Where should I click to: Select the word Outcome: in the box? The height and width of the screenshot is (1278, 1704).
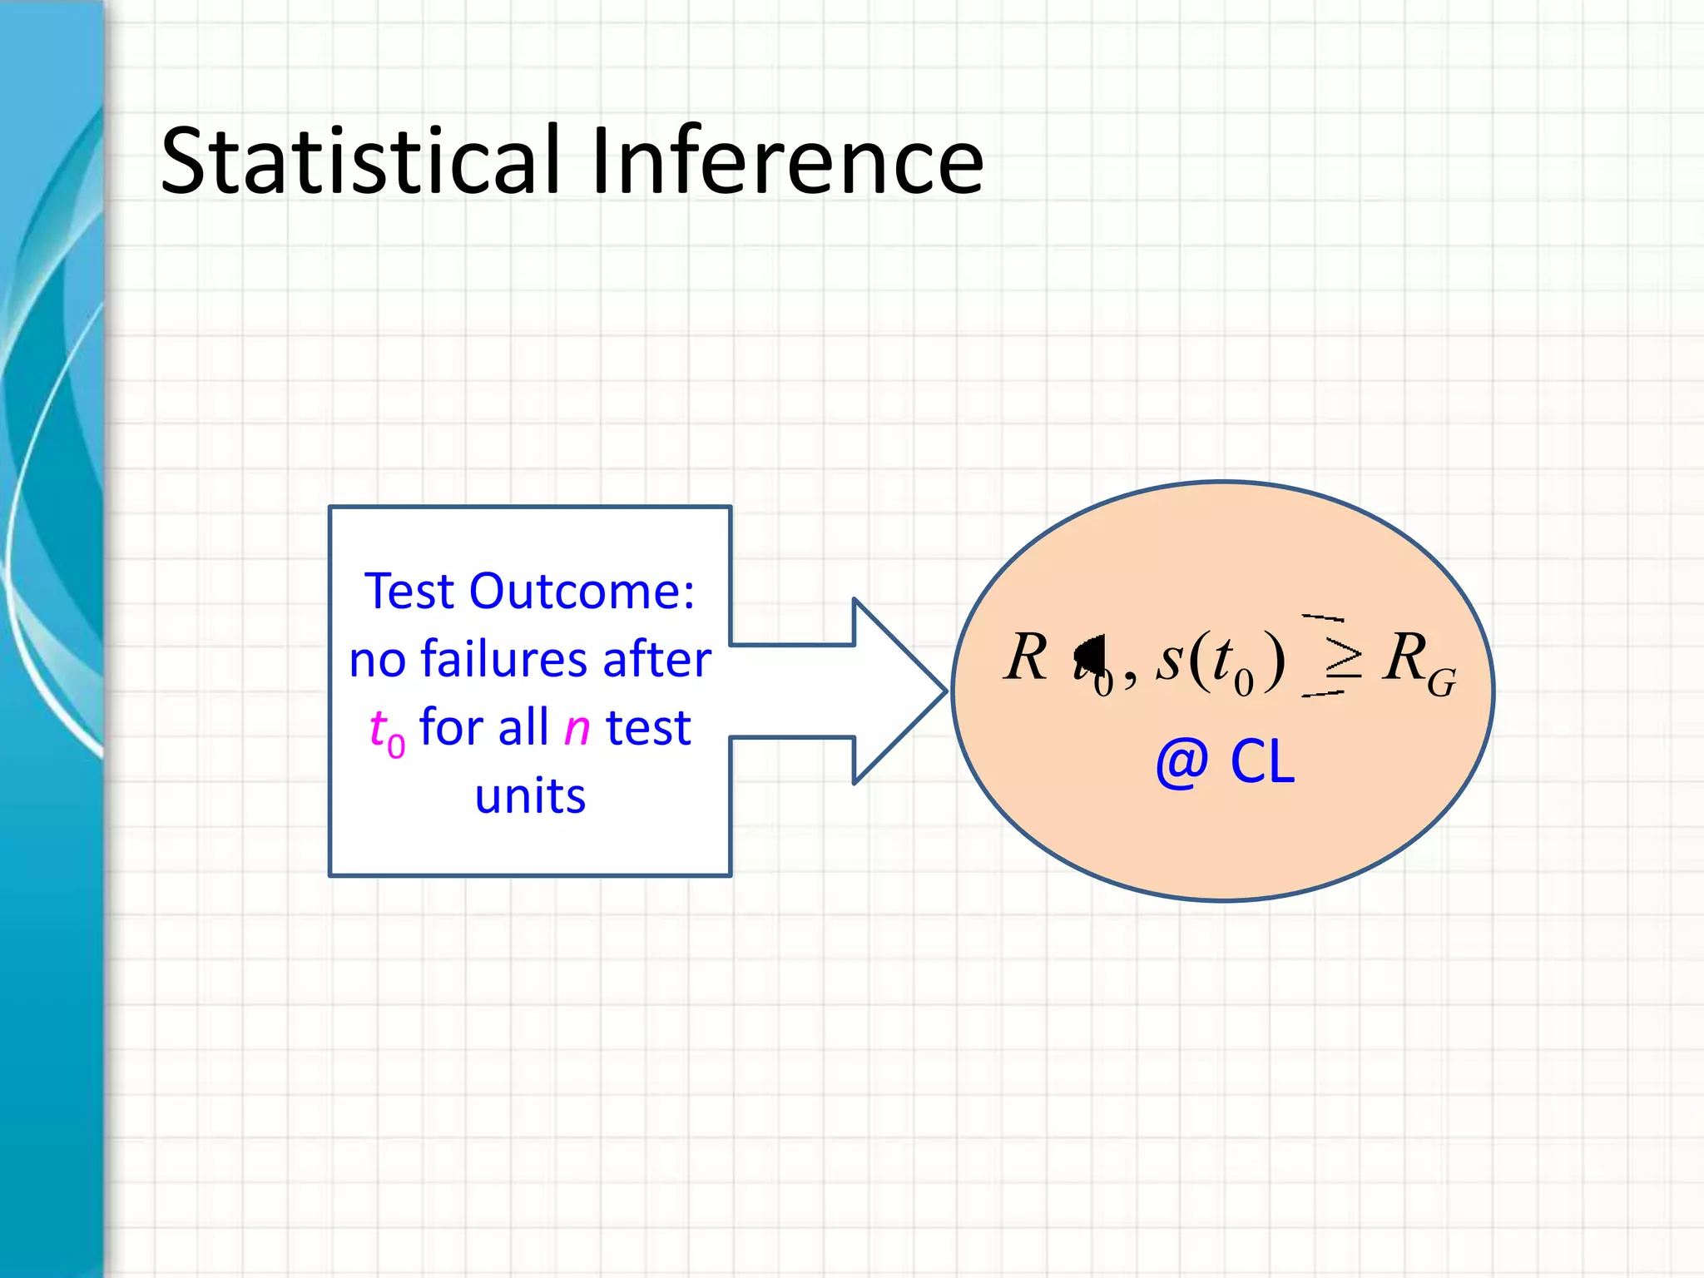point(582,592)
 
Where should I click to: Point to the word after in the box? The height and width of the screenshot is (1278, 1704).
point(656,660)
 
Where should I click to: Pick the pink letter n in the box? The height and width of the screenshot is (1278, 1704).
point(577,729)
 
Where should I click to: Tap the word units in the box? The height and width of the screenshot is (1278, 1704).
point(530,796)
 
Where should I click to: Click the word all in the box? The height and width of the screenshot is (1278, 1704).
point(523,727)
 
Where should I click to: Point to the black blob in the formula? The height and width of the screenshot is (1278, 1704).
point(1091,653)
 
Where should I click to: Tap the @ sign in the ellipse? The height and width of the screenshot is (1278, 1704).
point(1181,763)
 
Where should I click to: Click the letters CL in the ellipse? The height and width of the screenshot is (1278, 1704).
point(1262,763)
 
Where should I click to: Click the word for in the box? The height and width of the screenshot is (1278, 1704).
point(450,727)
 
